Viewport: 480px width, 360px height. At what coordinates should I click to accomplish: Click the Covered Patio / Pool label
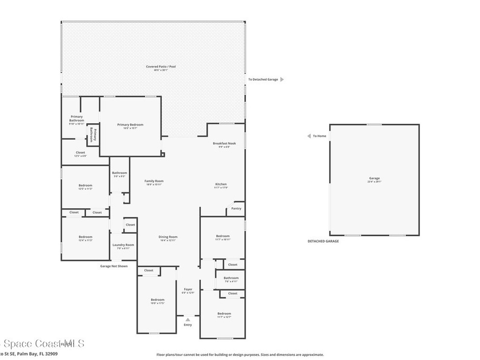tap(160, 67)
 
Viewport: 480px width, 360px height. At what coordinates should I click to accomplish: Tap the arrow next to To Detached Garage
tap(282, 80)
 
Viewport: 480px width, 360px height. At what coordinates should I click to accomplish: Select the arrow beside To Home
tap(309, 136)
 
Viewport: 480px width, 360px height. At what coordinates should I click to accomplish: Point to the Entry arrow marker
tap(187, 320)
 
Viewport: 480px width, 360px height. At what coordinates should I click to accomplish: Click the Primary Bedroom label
tap(130, 125)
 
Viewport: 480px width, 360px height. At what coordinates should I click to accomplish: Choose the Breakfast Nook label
tap(224, 143)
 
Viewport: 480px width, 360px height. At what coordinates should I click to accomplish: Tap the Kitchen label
tap(221, 184)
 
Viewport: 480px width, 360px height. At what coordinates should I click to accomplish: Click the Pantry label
tap(237, 209)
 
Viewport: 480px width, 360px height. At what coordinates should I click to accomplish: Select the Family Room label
tap(154, 181)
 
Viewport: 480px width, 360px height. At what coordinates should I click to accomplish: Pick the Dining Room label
tap(168, 237)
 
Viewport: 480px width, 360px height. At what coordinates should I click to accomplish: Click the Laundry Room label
tap(123, 245)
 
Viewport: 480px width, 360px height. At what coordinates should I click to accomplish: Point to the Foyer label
tap(187, 290)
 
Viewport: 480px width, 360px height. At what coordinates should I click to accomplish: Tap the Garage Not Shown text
tap(114, 266)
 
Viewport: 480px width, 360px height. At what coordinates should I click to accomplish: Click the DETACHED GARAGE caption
tap(323, 241)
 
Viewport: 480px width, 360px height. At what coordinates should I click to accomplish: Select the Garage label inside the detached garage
tap(374, 178)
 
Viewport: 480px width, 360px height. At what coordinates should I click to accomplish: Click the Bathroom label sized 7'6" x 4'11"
tap(231, 278)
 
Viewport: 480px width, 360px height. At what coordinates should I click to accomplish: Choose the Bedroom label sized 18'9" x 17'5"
tap(157, 300)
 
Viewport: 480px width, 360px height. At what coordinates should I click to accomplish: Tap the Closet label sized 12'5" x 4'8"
tap(80, 152)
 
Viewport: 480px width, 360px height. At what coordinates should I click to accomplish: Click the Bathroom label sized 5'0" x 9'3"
tap(119, 173)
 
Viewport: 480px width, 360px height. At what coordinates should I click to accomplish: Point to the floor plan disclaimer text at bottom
tap(240, 355)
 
